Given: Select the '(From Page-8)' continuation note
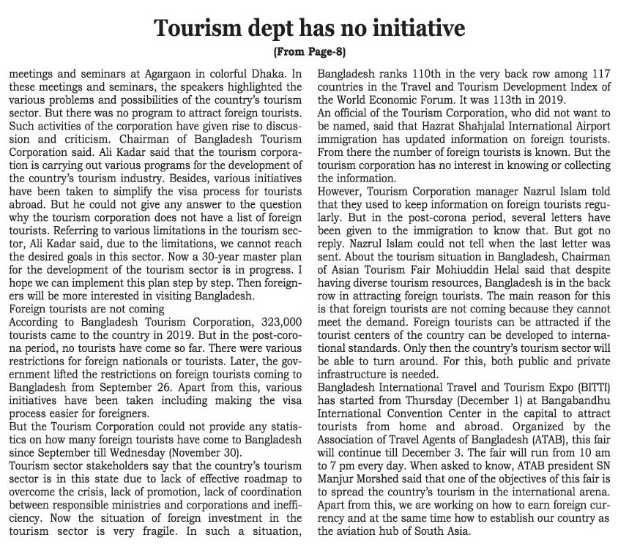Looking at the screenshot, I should click(x=308, y=53).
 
